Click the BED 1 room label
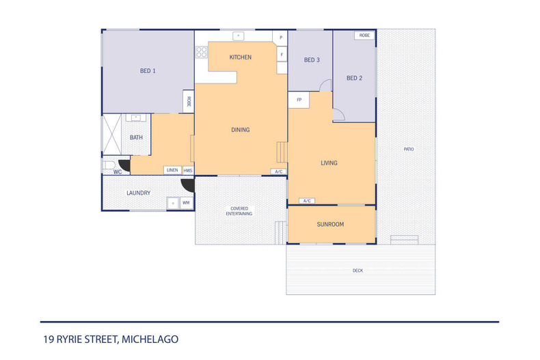click(x=148, y=71)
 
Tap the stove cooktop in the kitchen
click(x=202, y=53)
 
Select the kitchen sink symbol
click(x=239, y=36)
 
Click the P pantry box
click(x=281, y=38)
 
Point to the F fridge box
click(x=282, y=55)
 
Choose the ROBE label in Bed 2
click(x=364, y=36)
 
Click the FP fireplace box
click(x=299, y=100)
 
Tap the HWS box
click(x=188, y=170)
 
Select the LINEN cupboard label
click(x=172, y=170)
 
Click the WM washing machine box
click(x=186, y=203)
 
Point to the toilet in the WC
click(x=109, y=165)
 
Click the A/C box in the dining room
click(x=278, y=171)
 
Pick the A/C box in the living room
click(x=307, y=201)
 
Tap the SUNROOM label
click(x=330, y=224)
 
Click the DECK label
click(x=357, y=271)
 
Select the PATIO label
click(x=409, y=149)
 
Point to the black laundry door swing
click(x=189, y=186)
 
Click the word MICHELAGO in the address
click(x=150, y=340)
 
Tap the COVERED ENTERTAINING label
click(x=239, y=211)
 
